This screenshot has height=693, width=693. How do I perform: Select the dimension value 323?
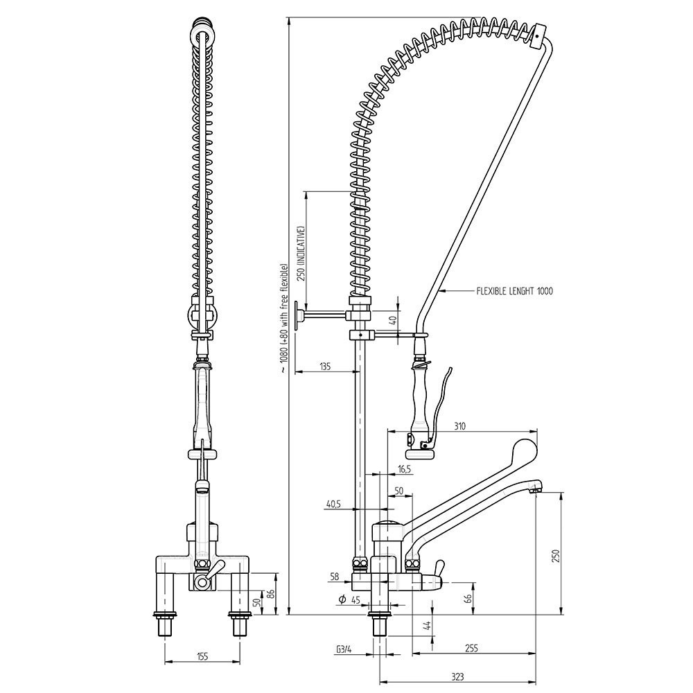pos(457,676)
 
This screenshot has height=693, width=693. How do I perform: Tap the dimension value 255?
pos(471,649)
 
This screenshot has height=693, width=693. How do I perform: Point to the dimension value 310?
pos(459,427)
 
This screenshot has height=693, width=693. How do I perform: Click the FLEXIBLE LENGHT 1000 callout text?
pos(515,292)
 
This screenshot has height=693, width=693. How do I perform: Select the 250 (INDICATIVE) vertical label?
pos(301,252)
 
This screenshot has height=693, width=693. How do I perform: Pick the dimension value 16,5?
pos(404,469)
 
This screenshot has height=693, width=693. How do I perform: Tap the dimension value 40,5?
pos(333,505)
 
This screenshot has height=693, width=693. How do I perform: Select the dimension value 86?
pos(271,593)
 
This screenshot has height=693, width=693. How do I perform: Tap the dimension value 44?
pos(427,626)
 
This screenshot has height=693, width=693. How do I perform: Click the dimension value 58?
pos(335,577)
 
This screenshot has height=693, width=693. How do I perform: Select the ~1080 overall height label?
pos(283,319)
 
